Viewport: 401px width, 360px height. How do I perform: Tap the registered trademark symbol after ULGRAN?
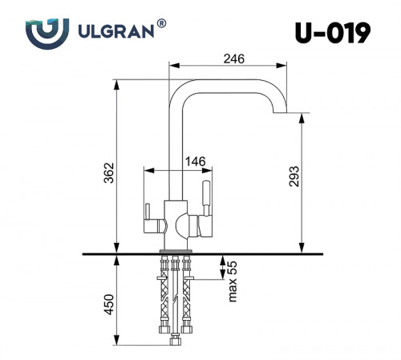pos(163,25)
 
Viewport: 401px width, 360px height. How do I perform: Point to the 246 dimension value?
pos(233,59)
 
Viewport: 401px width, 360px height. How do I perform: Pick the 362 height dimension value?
pos(109,172)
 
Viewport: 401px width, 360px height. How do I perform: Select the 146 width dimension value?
pos(196,161)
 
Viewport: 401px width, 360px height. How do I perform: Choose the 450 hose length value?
pos(109,305)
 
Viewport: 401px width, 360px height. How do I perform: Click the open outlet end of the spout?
pos(277,112)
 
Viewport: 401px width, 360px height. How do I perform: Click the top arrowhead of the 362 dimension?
pos(117,84)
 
